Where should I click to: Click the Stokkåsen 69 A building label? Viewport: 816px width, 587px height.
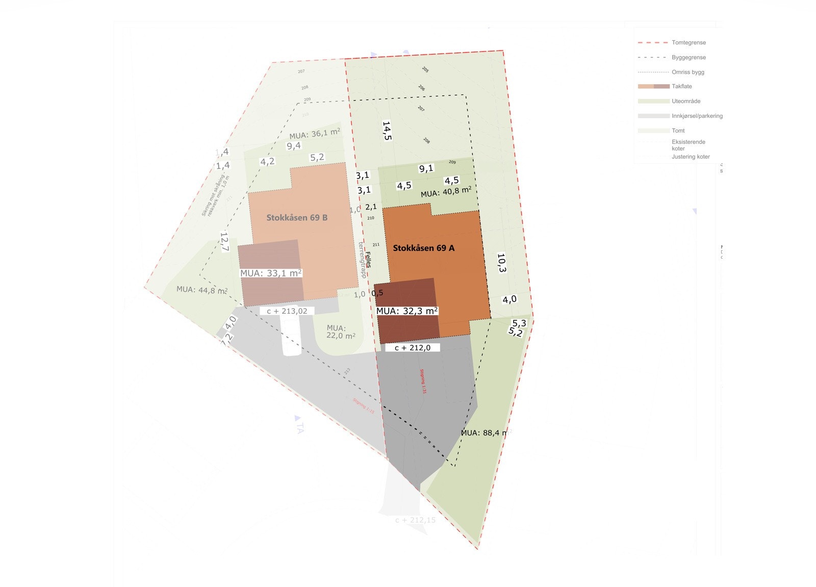point(423,248)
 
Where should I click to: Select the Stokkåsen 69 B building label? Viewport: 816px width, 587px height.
point(297,218)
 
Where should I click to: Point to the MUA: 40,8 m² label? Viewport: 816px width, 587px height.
point(446,192)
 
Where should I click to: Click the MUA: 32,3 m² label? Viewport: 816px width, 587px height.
point(407,311)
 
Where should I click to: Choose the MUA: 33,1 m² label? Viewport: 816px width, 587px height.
point(271,273)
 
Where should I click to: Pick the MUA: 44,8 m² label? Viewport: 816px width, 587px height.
point(202,290)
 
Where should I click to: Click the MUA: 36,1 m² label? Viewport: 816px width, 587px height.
point(314,134)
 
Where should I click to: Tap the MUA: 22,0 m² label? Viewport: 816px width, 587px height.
point(340,332)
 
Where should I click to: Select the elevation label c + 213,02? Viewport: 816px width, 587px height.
point(287,311)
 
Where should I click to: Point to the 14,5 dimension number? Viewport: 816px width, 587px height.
point(387,131)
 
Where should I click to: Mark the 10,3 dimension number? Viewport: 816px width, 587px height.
point(501,263)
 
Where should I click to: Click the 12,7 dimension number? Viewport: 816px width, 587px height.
point(225,242)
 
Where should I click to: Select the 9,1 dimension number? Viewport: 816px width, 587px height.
point(426,168)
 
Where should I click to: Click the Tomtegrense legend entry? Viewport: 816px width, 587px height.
point(688,43)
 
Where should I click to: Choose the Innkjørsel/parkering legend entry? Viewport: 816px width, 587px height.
point(697,116)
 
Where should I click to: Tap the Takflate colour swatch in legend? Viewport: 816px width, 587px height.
point(653,86)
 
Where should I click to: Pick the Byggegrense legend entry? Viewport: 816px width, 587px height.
point(688,58)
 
